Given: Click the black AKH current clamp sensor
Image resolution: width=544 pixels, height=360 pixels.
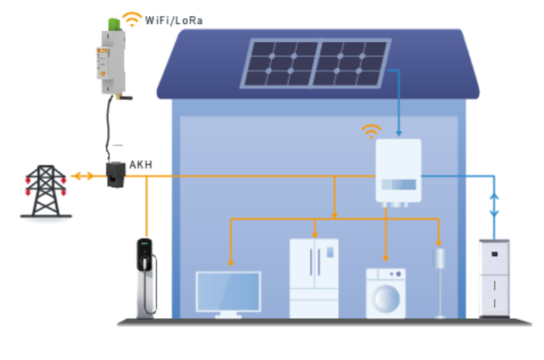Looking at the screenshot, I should (x=116, y=174).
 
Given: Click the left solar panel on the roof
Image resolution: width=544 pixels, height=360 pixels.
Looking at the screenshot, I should (x=281, y=65).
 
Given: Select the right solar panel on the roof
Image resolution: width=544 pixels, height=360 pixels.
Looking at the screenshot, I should (x=354, y=65).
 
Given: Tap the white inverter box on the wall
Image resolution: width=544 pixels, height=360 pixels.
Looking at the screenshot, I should (x=397, y=172).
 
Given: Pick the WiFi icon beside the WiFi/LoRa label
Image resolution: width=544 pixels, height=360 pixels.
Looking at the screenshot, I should (x=131, y=18).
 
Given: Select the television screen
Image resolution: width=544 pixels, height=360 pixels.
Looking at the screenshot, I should (x=228, y=292).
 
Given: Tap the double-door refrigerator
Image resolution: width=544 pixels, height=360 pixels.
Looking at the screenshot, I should (x=313, y=276).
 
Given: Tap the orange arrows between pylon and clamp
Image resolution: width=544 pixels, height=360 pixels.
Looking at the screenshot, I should (x=81, y=176).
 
